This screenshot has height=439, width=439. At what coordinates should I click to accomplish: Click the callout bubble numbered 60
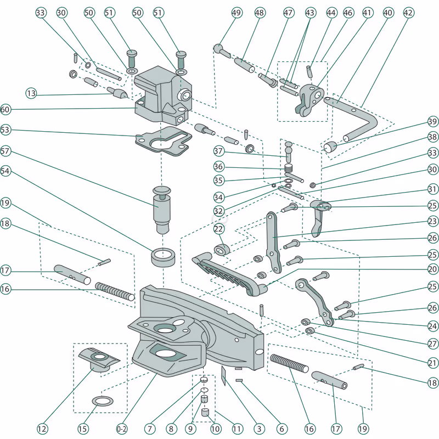click(x=5, y=110)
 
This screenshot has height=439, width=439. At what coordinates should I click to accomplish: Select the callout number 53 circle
click(x=5, y=130)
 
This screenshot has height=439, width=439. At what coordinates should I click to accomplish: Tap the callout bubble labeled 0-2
click(x=121, y=428)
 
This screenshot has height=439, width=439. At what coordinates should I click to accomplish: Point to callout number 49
click(x=237, y=12)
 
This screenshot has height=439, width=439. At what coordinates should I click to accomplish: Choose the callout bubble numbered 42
click(x=408, y=12)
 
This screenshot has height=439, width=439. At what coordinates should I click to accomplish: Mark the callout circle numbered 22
click(x=219, y=228)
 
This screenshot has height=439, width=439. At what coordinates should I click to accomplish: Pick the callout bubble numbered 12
click(x=42, y=428)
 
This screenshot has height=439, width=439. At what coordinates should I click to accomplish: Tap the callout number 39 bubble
click(x=433, y=122)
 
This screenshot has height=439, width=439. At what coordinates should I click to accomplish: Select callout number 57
click(x=5, y=150)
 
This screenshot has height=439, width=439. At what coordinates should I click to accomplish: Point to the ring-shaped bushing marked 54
click(x=162, y=256)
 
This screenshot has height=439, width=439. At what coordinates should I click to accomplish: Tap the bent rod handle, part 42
click(x=357, y=118)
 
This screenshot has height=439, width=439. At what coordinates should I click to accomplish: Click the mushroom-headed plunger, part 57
click(x=162, y=206)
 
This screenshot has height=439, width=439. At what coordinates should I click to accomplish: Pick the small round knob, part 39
click(x=330, y=147)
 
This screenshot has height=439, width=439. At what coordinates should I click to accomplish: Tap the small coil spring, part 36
click(x=290, y=168)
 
